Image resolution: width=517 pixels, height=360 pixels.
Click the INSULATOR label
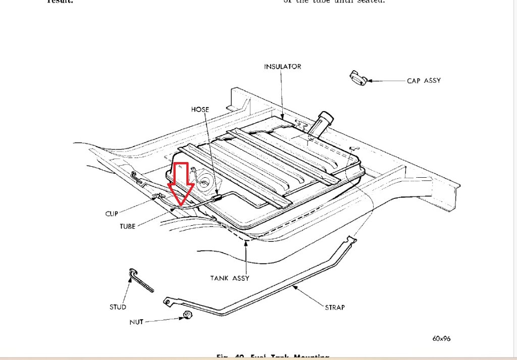point(282,67)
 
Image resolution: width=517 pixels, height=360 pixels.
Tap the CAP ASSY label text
point(424,81)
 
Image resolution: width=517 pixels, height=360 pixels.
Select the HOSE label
point(200,110)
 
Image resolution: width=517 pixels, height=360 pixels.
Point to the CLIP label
point(112,214)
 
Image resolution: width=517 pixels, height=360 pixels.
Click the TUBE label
point(127,227)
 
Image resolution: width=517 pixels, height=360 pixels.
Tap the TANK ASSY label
point(230,278)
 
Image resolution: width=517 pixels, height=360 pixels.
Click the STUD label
point(118,306)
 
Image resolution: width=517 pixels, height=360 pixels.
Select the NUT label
point(136,322)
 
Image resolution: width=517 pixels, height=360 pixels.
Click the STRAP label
point(335,306)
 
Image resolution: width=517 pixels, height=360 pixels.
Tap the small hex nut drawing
point(186,316)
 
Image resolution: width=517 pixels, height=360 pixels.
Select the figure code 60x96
point(441,339)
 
